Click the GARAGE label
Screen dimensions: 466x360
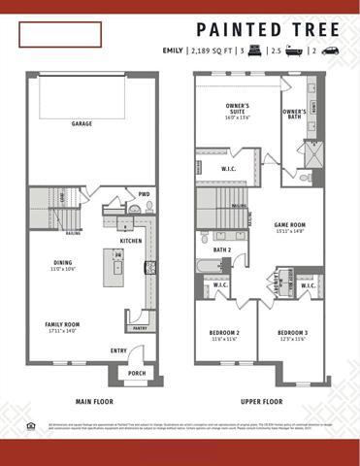[x=87, y=124]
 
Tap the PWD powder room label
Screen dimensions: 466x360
[x=144, y=193]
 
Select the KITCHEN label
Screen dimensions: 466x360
[x=131, y=241]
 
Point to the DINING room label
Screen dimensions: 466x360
[x=63, y=262]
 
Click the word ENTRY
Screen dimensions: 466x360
[x=118, y=350]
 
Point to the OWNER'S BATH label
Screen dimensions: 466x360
[x=295, y=114]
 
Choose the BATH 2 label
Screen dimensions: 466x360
[x=222, y=250]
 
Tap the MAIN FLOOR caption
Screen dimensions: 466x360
[x=95, y=400]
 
